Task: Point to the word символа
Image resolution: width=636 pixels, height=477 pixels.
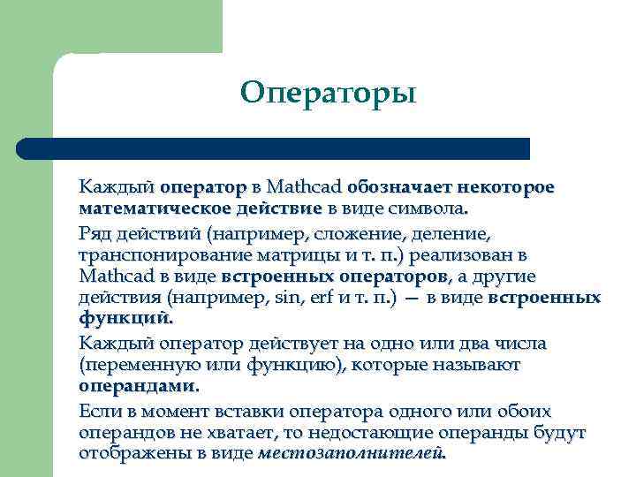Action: pos(434,209)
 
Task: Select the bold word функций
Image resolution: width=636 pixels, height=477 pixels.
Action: pos(124,320)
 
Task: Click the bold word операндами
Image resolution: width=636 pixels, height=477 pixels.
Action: pos(138,387)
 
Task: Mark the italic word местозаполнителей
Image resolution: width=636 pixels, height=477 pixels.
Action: pos(351,454)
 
